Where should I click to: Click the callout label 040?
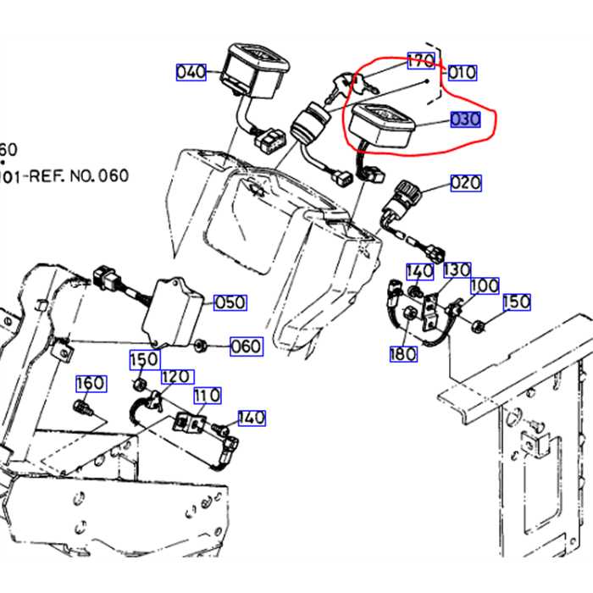[191, 72]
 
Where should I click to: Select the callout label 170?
[421, 61]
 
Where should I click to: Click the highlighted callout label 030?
[465, 119]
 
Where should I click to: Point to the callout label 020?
[465, 182]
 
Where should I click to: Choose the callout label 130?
[457, 269]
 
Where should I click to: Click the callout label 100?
[485, 285]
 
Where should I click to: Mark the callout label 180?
[403, 353]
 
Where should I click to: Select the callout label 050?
[230, 302]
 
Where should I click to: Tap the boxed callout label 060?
[246, 346]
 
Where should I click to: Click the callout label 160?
[91, 384]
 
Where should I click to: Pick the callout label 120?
[175, 376]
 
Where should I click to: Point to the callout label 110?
[207, 395]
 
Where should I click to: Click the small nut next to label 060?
[202, 345]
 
